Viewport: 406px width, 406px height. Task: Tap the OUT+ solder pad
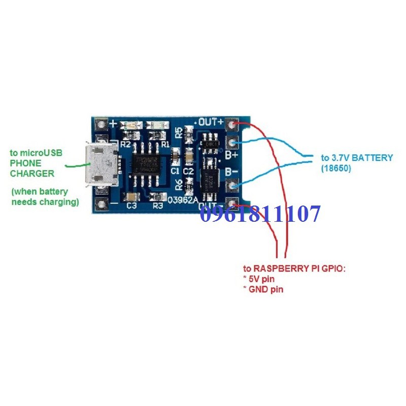tap(233, 124)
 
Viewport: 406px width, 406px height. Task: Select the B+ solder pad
tap(233, 143)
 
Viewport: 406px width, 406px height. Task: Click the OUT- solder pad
tap(233, 205)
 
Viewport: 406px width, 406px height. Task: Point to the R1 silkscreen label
tap(164, 144)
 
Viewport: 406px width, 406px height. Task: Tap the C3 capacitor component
tap(131, 197)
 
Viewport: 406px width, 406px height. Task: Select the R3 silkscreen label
tap(158, 206)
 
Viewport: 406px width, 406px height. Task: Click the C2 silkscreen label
tap(189, 172)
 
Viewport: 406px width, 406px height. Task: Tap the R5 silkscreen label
tap(179, 132)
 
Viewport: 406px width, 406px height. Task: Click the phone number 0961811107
tap(260, 214)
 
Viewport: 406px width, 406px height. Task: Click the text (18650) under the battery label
tap(335, 167)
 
